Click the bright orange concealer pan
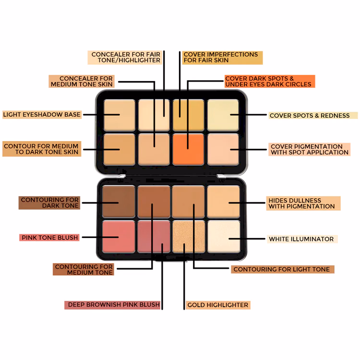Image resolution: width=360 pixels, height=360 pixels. click(x=188, y=149)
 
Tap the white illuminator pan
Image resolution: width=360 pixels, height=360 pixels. click(x=224, y=237)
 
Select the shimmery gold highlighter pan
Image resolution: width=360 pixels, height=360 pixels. click(x=189, y=237)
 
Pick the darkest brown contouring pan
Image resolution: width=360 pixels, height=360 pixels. click(x=119, y=202)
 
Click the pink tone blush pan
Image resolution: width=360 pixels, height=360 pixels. click(x=119, y=237)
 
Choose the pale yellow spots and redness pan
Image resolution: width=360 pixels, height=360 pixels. click(x=223, y=115)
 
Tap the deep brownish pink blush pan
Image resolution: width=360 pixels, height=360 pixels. click(x=154, y=237)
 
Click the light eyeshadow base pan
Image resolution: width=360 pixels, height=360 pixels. click(x=120, y=115)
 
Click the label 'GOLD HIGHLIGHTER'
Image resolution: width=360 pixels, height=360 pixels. click(x=218, y=305)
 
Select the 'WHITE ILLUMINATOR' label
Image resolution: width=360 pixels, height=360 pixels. click(x=302, y=239)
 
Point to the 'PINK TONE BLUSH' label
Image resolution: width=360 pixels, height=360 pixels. click(x=49, y=238)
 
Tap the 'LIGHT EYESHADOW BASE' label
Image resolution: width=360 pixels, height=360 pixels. click(x=42, y=114)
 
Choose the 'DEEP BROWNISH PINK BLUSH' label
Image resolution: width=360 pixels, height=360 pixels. click(x=112, y=305)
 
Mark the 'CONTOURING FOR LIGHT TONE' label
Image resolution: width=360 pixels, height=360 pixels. click(x=283, y=269)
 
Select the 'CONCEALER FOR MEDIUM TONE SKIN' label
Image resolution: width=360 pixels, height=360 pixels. click(x=82, y=81)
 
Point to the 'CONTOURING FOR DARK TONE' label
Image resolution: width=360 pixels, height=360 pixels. click(x=49, y=203)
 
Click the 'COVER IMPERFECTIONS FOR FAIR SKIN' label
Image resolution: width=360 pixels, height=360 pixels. click(x=222, y=58)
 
